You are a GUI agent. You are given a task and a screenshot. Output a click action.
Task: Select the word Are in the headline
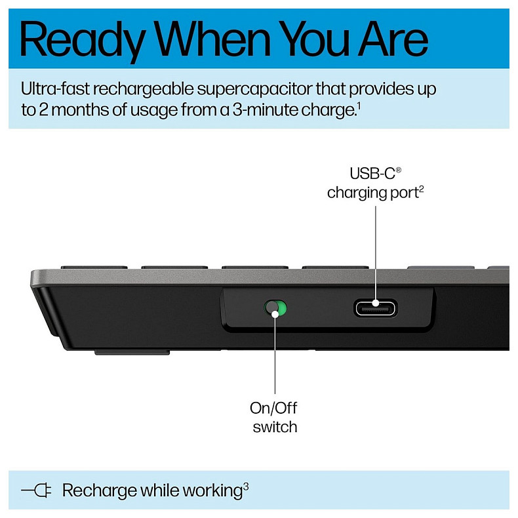pyautogui.click(x=391, y=39)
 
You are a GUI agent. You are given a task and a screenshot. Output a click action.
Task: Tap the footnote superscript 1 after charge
pyautogui.click(x=358, y=105)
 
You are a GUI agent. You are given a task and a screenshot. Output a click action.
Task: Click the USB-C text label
pyautogui.click(x=373, y=174)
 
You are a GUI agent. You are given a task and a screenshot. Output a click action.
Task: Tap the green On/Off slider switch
pyautogui.click(x=276, y=308)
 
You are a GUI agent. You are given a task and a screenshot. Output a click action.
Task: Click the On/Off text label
pyautogui.click(x=273, y=408)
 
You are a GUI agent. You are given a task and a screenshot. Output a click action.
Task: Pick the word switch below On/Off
pyautogui.click(x=275, y=428)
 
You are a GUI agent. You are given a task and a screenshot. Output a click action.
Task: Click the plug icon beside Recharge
pyautogui.click(x=37, y=490)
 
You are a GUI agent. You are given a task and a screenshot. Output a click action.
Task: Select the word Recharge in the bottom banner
pyautogui.click(x=100, y=490)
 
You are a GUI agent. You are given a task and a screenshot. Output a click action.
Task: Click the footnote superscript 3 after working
pyautogui.click(x=246, y=486)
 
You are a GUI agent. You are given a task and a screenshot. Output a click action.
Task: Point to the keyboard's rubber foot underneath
pyautogui.click(x=132, y=352)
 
